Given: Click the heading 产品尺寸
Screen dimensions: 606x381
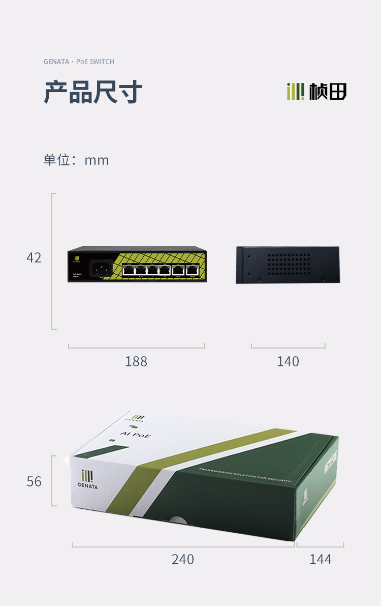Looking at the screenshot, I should coord(93,92).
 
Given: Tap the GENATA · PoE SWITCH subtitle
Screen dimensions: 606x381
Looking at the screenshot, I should coord(79,62).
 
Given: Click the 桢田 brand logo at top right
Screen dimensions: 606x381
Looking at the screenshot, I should coord(316,92).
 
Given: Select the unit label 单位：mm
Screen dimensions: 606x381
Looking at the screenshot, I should coord(76,160).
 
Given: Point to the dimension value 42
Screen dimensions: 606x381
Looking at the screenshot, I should coord(34,258).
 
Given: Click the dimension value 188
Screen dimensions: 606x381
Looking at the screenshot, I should coord(136,361).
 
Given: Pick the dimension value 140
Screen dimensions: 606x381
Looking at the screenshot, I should coord(288,361).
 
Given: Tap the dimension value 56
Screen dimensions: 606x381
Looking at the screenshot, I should coord(34,481).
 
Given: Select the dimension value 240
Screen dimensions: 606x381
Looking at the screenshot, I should coord(183,560).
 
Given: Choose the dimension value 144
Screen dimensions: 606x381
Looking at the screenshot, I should coord(321,560).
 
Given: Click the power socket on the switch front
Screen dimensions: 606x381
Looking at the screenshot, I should coord(101,269).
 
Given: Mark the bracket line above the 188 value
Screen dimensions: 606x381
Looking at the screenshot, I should coord(136,348).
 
